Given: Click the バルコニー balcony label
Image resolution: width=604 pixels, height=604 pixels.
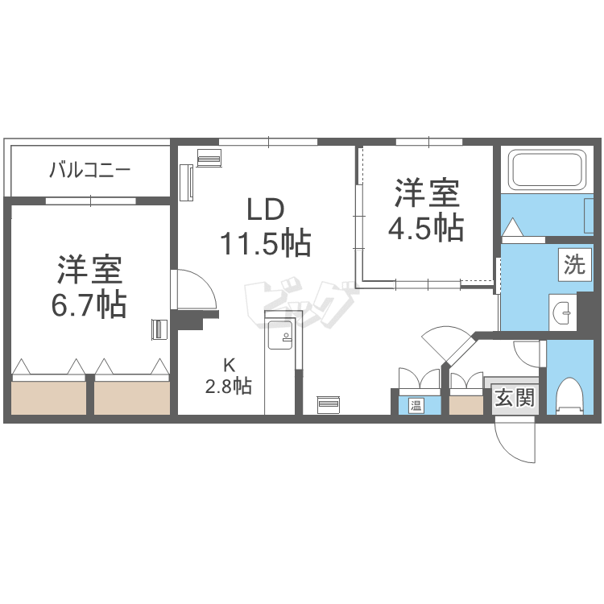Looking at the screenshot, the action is point(90,170).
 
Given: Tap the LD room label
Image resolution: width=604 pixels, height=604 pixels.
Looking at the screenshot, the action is point(266,209).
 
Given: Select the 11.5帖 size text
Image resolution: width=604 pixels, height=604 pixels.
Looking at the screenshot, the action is point(266,242).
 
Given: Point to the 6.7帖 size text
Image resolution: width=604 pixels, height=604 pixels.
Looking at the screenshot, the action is point(89,304).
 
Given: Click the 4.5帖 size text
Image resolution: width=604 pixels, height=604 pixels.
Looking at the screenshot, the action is point(426,228).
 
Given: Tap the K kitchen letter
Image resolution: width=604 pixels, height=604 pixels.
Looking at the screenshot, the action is point(229,364).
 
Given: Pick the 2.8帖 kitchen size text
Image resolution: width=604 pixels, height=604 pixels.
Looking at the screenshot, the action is point(229,386).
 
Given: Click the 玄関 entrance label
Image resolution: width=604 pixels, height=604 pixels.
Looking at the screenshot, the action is point(515,397).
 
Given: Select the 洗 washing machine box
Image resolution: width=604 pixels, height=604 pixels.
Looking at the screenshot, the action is point(575,265).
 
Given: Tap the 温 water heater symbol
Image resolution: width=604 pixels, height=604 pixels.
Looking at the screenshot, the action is point(416,405).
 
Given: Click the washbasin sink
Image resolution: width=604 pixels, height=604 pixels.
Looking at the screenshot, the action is point(562,312).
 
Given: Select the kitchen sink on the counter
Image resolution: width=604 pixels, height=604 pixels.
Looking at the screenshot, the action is point(280,335).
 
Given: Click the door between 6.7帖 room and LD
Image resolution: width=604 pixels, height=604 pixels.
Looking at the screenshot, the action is point(194,289).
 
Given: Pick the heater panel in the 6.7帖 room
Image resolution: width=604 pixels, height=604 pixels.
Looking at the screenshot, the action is point(159,329).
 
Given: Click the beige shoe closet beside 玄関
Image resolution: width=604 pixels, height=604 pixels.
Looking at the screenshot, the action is point(466,405).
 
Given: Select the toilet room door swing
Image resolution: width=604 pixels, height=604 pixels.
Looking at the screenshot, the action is point(527,354).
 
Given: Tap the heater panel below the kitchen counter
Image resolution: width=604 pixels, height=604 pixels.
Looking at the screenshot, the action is point(328,405).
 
